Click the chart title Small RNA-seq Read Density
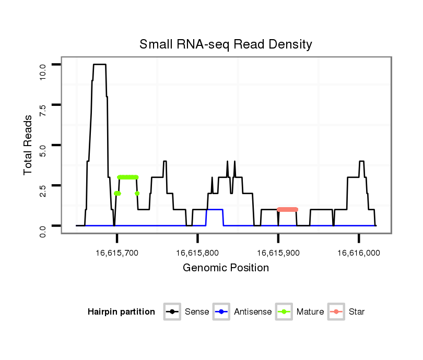click(x=226, y=44)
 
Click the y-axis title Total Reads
click(x=29, y=145)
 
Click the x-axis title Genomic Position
click(x=226, y=268)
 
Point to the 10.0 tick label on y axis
click(x=43, y=65)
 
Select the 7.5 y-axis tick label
click(x=43, y=105)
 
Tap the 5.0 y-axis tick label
click(x=43, y=145)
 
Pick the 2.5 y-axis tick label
click(x=43, y=185)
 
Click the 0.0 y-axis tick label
click(x=43, y=226)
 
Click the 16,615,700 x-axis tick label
click(x=117, y=253)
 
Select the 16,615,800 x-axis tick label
click(x=197, y=253)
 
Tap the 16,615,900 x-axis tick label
click(x=278, y=253)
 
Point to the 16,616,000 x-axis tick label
click(x=359, y=253)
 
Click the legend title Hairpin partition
click(x=121, y=312)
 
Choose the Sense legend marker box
click(x=172, y=312)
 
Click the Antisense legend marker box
click(x=221, y=312)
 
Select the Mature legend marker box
click(x=284, y=312)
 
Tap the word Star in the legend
click(x=357, y=312)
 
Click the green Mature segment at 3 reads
click(x=128, y=177)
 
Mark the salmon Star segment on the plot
click(x=287, y=209)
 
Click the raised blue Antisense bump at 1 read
click(x=215, y=209)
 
